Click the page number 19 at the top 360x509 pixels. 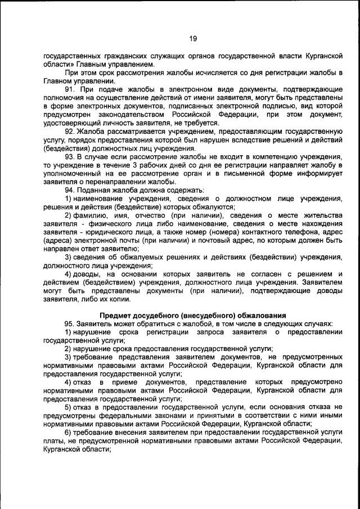pos(192,38)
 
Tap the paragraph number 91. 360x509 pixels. pos(70,89)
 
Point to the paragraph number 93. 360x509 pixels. pos(70,156)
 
